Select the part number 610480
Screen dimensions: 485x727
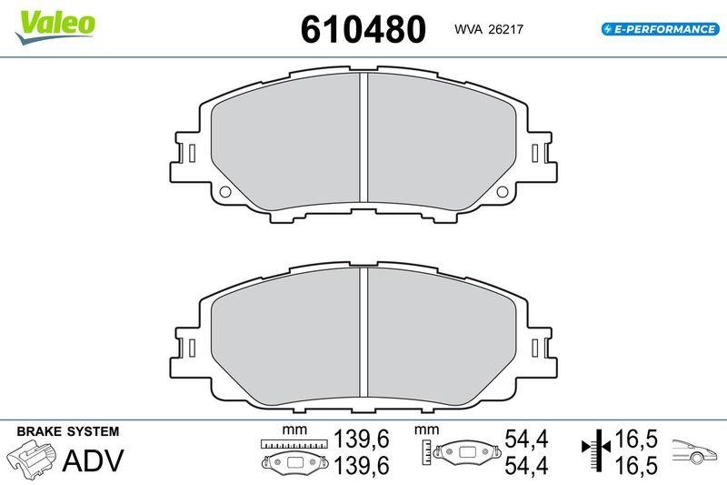(x=363, y=29)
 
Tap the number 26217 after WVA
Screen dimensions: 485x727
(x=504, y=30)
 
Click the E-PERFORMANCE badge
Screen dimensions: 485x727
(x=659, y=29)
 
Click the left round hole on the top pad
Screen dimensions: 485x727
(x=225, y=191)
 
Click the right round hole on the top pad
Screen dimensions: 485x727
(x=503, y=191)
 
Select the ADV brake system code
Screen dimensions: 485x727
(x=91, y=460)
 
